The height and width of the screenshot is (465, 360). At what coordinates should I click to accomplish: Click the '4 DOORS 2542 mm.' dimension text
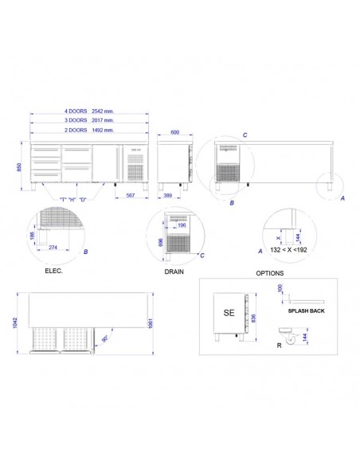click(x=88, y=111)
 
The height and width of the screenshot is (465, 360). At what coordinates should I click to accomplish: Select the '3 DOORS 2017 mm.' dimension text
click(x=88, y=119)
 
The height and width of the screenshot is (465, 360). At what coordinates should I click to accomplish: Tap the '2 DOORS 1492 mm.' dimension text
click(x=88, y=128)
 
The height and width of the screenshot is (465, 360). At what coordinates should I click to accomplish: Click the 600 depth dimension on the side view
click(x=174, y=133)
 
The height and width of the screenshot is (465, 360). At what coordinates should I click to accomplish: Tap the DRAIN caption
click(x=175, y=271)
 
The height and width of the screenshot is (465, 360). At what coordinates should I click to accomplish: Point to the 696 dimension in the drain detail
click(x=160, y=240)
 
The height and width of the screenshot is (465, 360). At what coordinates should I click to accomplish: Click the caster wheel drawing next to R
click(x=290, y=338)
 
